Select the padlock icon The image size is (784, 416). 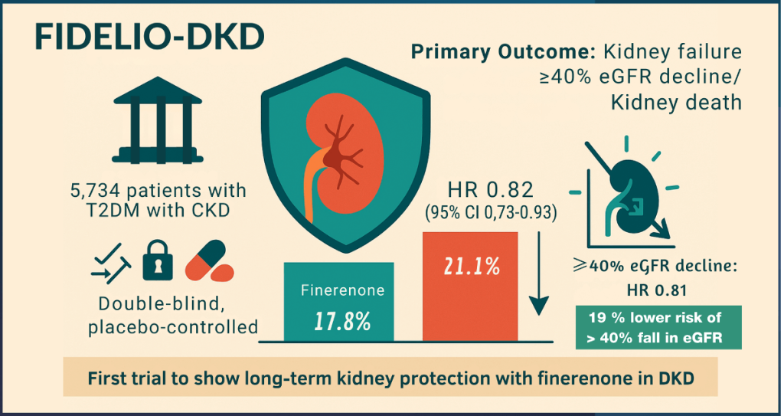[158, 261]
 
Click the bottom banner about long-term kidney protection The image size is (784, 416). [391, 378]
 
